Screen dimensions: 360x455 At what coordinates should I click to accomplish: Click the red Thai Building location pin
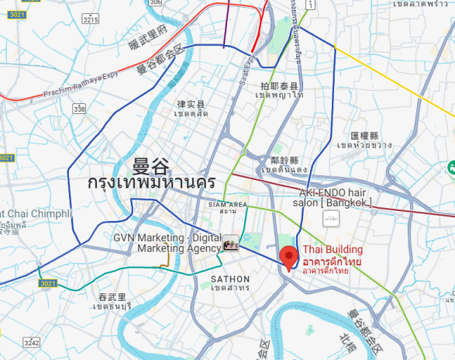(289, 257)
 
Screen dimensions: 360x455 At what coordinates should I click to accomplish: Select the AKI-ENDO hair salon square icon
(331, 220)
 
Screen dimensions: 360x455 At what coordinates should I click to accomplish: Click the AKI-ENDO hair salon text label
(336, 197)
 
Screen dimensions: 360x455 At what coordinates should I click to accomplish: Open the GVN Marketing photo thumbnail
(231, 243)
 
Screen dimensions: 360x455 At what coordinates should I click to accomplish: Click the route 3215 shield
(91, 19)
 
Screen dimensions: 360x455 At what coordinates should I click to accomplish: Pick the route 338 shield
(79, 109)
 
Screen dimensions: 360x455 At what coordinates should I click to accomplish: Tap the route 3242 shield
(32, 342)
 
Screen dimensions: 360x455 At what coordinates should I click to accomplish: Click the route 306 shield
(156, 3)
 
